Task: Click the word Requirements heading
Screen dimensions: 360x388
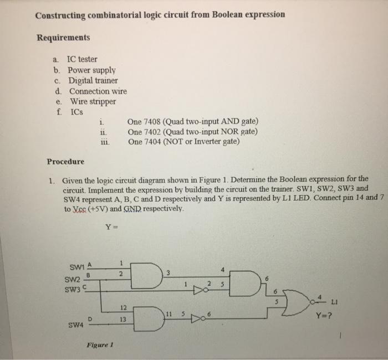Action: tap(63, 38)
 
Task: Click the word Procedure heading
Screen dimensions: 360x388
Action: tap(65, 162)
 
